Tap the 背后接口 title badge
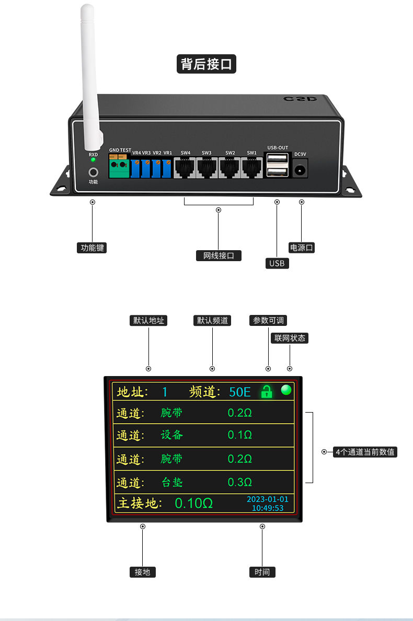pos(206,64)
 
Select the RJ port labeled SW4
pos(185,168)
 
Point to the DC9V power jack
pos(300,170)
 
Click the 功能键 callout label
pos(92,248)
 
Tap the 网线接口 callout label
pos(219,255)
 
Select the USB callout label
pos(277,263)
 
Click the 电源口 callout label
pos(302,248)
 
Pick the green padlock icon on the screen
pos(267,392)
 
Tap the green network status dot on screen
pos(286,390)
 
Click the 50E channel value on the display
pos(240,392)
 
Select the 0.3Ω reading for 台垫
pos(240,482)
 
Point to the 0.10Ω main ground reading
pos(193,503)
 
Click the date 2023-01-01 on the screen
pos(267,499)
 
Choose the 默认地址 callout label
pos(148,320)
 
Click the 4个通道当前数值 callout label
pos(365,452)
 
